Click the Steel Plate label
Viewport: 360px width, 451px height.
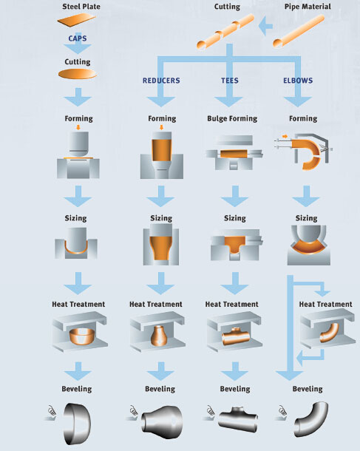[x=81, y=7]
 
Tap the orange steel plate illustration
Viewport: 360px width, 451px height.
[x=76, y=20]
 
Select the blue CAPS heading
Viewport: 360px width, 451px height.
[x=78, y=38]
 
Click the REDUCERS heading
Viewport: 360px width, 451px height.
[x=161, y=81]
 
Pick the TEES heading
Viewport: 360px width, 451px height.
[x=230, y=81]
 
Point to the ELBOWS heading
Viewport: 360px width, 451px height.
[x=298, y=81]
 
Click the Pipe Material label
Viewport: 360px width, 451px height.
[x=308, y=7]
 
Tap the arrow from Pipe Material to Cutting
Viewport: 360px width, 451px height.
[x=265, y=26]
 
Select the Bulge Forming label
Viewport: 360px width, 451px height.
[x=232, y=119]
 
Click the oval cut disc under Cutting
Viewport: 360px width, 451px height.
[x=78, y=74]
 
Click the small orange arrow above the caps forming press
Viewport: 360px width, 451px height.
[x=78, y=127]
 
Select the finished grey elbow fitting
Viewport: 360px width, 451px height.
[x=311, y=419]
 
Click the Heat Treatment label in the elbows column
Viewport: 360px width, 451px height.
[x=325, y=305]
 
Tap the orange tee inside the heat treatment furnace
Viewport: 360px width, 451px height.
[x=236, y=336]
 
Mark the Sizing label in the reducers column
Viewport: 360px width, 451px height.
[x=161, y=218]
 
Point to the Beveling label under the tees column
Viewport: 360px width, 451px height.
[x=235, y=389]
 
